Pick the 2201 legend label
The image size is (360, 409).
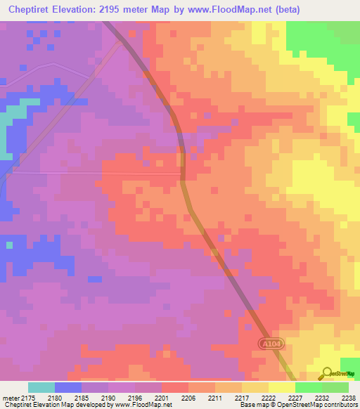[x=162, y=397]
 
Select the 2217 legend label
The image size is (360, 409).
[x=242, y=397]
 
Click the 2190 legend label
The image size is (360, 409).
[x=108, y=397]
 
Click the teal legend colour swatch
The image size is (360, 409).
[x=41, y=387]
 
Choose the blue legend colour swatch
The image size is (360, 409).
[x=68, y=387]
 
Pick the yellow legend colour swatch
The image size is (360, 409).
[x=281, y=387]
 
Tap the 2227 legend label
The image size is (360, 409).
[x=295, y=397]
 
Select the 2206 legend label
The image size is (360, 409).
[x=188, y=397]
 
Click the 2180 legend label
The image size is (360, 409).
[x=55, y=397]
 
